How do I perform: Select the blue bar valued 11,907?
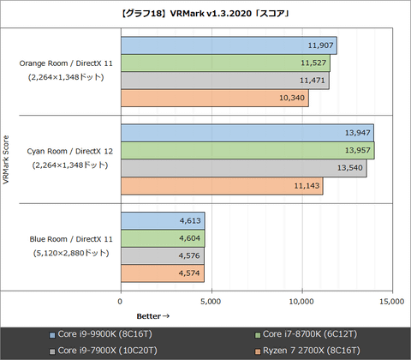coord(228,45)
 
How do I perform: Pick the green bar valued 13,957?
coord(247,150)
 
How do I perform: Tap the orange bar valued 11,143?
coord(221,186)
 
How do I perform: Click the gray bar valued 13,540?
coord(243,168)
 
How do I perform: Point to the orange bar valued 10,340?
coord(214,99)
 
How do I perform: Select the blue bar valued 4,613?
coord(162,220)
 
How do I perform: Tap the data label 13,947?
coord(357,133)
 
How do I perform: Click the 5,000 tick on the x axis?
coord(211,302)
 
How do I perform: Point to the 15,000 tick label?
coord(390,302)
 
